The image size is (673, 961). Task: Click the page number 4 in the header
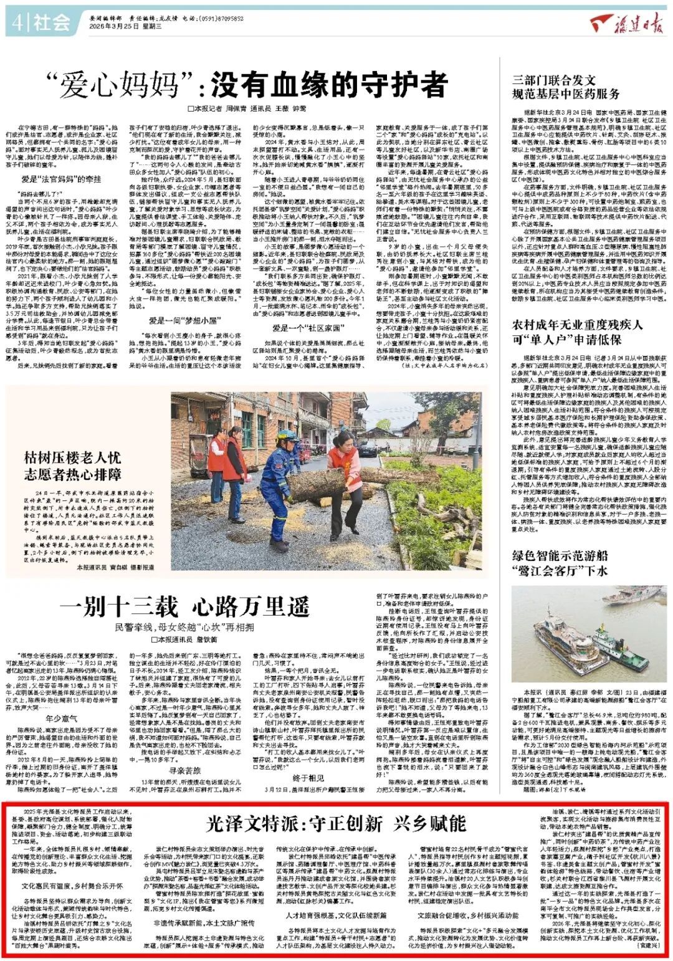(x=16, y=24)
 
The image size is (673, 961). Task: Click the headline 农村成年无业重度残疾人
(x=577, y=325)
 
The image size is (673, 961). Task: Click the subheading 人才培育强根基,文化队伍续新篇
(x=336, y=916)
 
